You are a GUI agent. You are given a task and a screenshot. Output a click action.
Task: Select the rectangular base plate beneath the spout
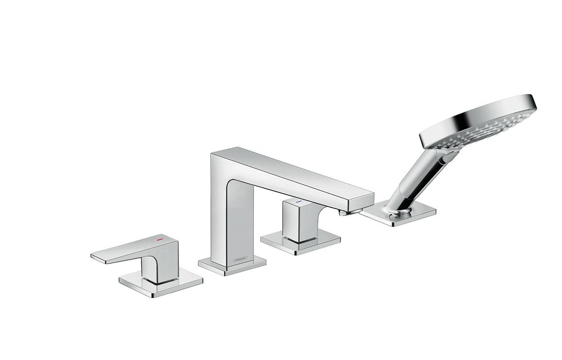[x=232, y=265]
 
